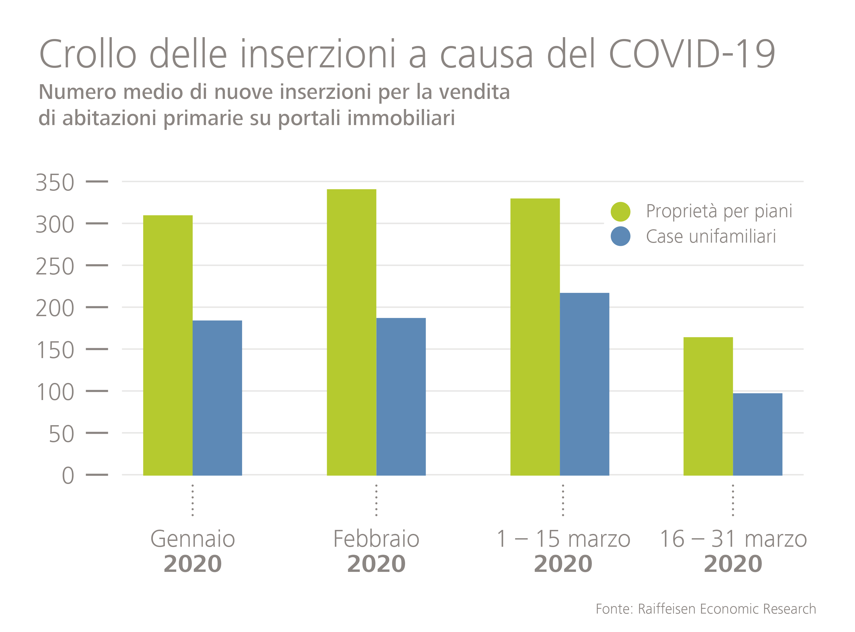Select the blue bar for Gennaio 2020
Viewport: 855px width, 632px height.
[217, 398]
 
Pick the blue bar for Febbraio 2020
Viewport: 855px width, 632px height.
[401, 397]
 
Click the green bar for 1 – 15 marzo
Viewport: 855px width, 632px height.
[535, 337]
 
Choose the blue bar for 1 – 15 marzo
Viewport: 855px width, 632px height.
[585, 384]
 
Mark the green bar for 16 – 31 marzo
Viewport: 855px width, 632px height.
[708, 406]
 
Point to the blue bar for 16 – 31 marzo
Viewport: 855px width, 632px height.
[757, 434]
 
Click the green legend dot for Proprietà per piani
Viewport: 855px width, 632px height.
[620, 212]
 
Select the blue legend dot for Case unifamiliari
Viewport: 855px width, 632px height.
[620, 236]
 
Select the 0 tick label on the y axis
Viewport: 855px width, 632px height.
[68, 475]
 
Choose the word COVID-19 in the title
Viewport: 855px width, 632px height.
[692, 54]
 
